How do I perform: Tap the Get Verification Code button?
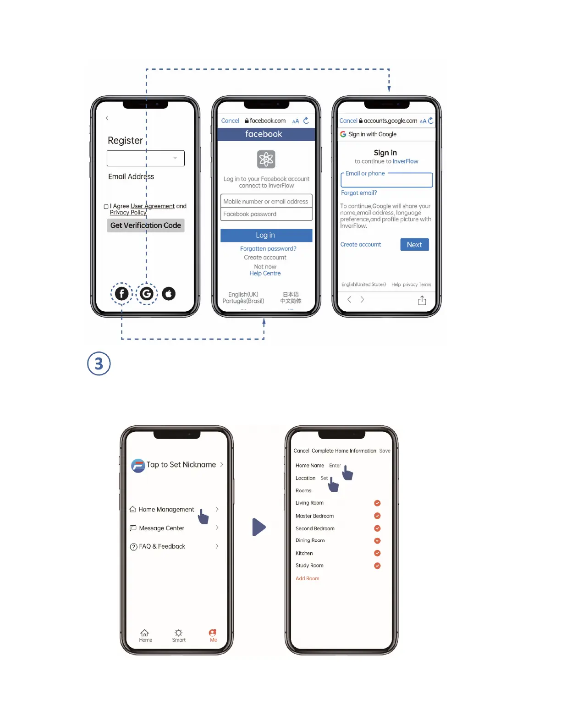click(x=145, y=225)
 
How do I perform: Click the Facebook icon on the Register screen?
click(x=121, y=293)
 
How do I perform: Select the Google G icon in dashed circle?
click(x=147, y=293)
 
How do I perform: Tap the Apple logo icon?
click(x=169, y=293)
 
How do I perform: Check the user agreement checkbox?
click(x=106, y=207)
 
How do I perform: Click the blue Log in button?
click(x=266, y=235)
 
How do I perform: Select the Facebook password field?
click(x=266, y=214)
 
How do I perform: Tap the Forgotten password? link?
click(x=268, y=248)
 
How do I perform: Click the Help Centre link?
click(x=265, y=273)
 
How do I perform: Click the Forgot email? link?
click(x=359, y=193)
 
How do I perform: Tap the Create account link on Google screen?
click(x=361, y=245)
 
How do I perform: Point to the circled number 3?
click(x=99, y=364)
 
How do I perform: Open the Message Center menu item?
click(x=161, y=528)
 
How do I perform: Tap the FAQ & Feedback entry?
click(x=162, y=546)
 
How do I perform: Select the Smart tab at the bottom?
click(x=179, y=635)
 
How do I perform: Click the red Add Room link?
click(x=308, y=578)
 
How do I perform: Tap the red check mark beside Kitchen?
click(x=377, y=553)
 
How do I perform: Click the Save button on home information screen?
click(x=385, y=451)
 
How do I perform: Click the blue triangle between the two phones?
click(x=258, y=527)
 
